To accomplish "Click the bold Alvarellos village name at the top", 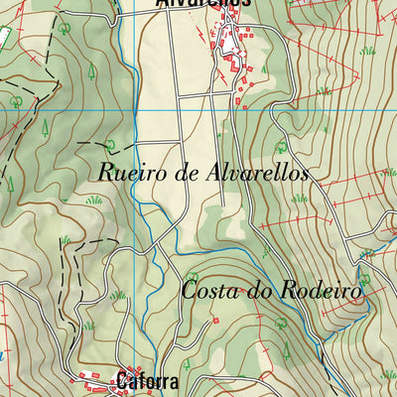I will click(x=203, y=4).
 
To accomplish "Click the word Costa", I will click(x=210, y=292).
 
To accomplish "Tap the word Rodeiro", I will click(x=320, y=292).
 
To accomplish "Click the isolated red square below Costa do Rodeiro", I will click(x=214, y=321).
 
